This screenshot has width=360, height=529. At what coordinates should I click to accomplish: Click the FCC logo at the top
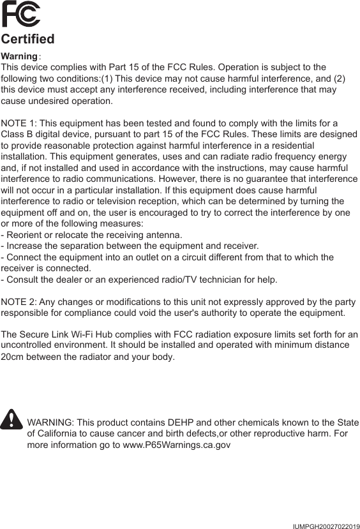pyautogui.click(x=20, y=14)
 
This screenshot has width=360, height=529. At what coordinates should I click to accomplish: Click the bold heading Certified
pyautogui.click(x=28, y=40)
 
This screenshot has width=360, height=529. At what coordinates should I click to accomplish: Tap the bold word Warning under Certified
pyautogui.click(x=20, y=57)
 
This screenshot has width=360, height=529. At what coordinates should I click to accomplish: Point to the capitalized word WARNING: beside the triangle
pyautogui.click(x=51, y=424)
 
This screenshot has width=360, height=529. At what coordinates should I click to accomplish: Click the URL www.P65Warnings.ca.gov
pyautogui.click(x=171, y=445)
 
